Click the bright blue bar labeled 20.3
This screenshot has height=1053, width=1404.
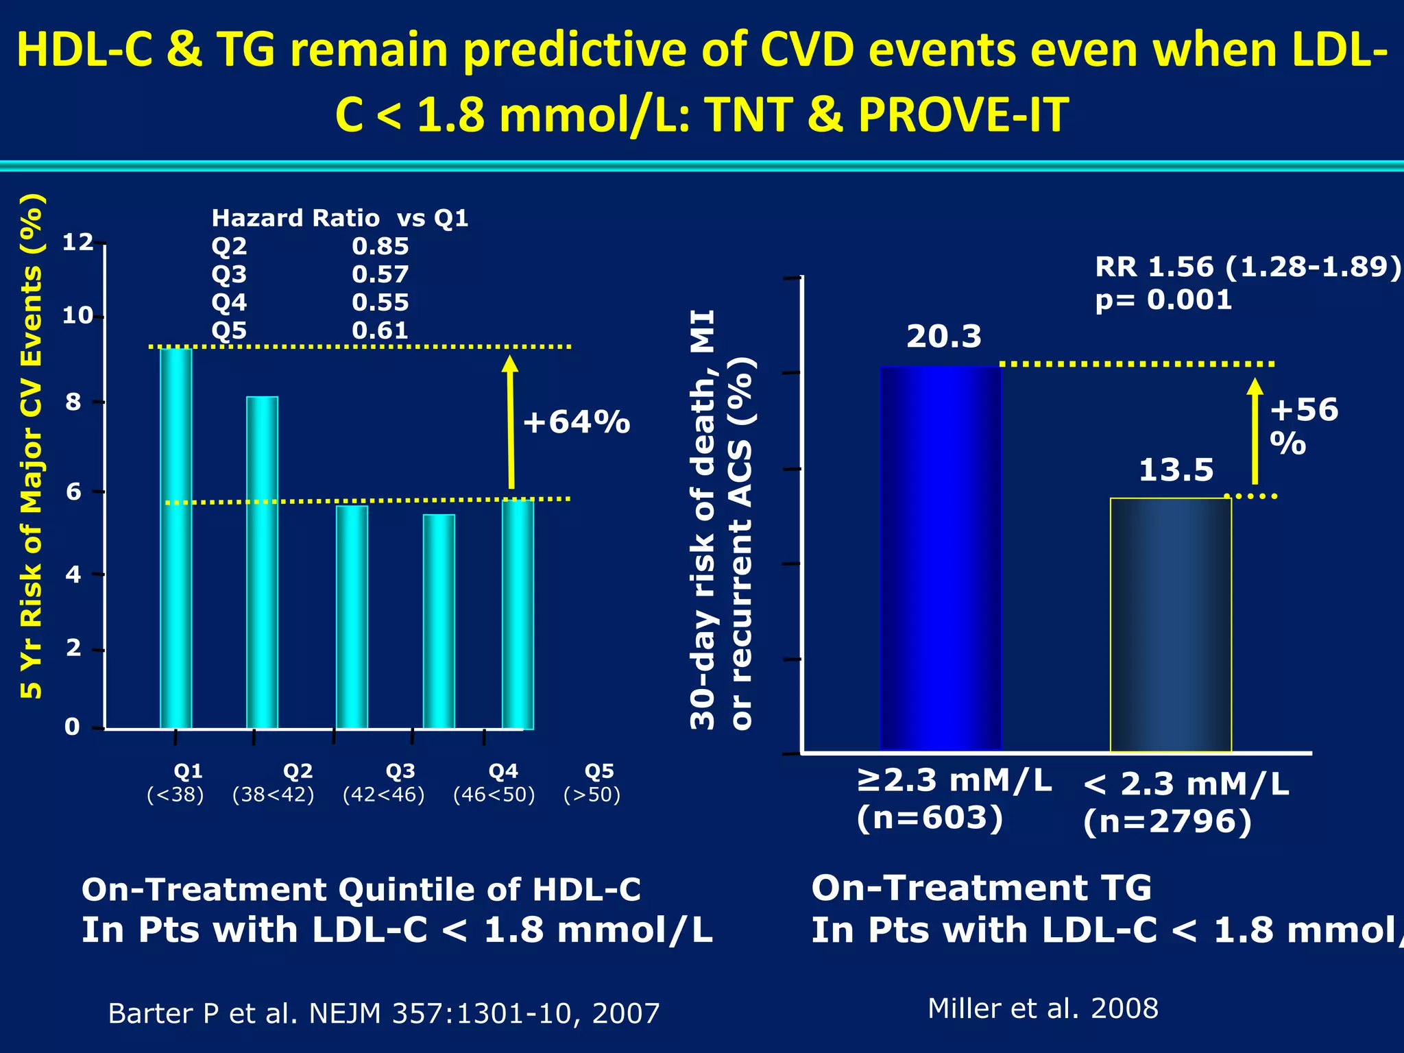[x=941, y=558]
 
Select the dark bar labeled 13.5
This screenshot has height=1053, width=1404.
[x=1170, y=625]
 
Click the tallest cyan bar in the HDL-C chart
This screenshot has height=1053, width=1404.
[x=175, y=538]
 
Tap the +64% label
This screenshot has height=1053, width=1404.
[x=576, y=422]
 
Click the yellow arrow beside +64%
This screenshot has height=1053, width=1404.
[x=510, y=422]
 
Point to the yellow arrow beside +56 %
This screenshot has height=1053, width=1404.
[x=1255, y=432]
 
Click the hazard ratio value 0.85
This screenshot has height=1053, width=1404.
[x=380, y=246]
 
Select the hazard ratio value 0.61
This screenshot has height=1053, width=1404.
[x=380, y=330]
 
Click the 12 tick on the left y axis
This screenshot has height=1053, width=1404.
[x=77, y=242]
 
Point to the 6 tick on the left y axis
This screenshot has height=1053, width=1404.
[x=73, y=492]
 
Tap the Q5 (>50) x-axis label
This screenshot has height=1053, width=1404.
[x=593, y=783]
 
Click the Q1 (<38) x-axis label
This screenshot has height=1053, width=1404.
[x=176, y=783]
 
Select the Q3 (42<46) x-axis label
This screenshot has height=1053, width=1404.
[x=385, y=783]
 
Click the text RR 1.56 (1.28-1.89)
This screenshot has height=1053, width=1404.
[x=1248, y=267]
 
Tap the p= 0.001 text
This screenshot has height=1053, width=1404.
[x=1163, y=300]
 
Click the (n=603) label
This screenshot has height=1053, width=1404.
[x=930, y=818]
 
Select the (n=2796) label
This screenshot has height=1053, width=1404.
[x=1167, y=821]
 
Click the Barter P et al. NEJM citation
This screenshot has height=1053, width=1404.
[x=384, y=1013]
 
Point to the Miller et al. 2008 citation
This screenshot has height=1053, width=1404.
[x=1043, y=1008]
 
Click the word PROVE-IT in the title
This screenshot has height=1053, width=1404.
[x=963, y=114]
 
